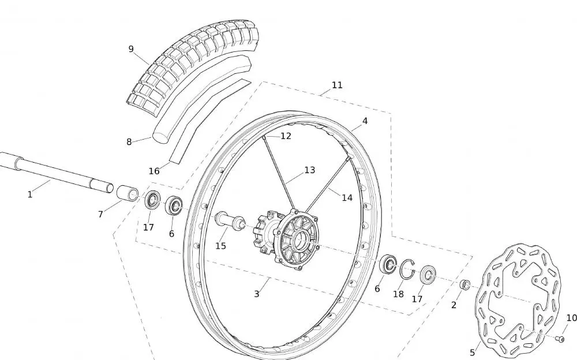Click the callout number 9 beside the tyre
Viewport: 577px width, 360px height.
pyautogui.click(x=131, y=49)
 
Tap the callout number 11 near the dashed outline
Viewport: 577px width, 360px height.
pyautogui.click(x=337, y=85)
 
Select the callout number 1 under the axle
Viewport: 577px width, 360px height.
pyautogui.click(x=30, y=194)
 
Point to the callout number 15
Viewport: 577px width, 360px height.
pyautogui.click(x=220, y=246)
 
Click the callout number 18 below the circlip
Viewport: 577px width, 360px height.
pyautogui.click(x=398, y=294)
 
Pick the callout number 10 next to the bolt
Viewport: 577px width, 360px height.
pyautogui.click(x=571, y=318)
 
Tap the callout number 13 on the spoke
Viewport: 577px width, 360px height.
pyautogui.click(x=309, y=170)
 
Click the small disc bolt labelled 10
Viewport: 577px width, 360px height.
pyautogui.click(x=560, y=339)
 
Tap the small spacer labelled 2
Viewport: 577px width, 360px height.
pyautogui.click(x=464, y=284)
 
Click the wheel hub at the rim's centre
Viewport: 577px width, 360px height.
pyautogui.click(x=286, y=240)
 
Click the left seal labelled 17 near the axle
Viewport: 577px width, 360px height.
pyautogui.click(x=152, y=200)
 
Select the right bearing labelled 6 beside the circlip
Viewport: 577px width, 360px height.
pyautogui.click(x=388, y=264)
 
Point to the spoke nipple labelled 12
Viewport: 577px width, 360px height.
pyautogui.click(x=264, y=137)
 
